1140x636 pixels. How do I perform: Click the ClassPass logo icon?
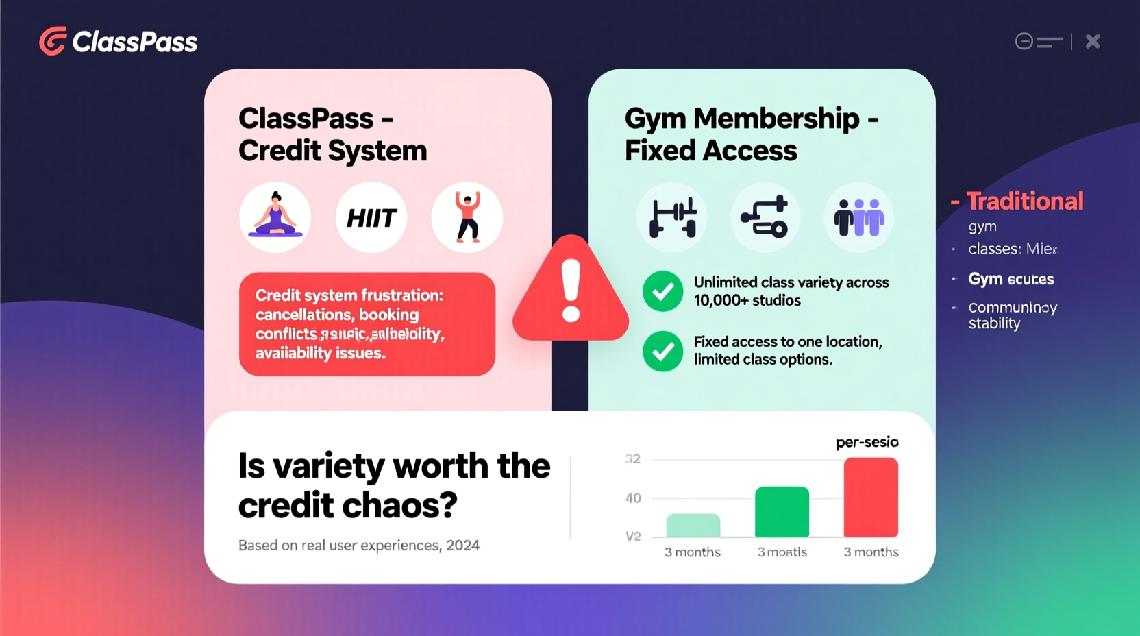coord(53,41)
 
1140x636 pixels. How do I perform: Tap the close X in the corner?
coord(1093,41)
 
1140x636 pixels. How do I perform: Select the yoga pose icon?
coord(275,217)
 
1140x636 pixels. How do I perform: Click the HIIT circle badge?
coord(371,217)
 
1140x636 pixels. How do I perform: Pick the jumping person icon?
coord(467,217)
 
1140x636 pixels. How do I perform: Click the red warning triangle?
coord(571,292)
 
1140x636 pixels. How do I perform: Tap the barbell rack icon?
coord(672,217)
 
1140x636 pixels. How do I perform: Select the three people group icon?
coord(858,217)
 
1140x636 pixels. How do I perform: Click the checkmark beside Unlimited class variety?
coord(662,291)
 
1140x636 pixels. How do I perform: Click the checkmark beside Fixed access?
coord(662,351)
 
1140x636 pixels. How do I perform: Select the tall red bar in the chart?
coord(871,498)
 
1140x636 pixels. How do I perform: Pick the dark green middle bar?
coord(782,511)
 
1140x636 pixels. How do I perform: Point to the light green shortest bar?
coord(693,525)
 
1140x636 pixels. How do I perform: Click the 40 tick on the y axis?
coord(633,498)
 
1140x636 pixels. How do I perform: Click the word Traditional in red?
coord(1025,201)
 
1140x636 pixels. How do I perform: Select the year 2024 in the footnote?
coord(463,546)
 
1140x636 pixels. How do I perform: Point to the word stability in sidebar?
coord(994,323)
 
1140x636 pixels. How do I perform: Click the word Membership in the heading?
coord(776,119)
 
